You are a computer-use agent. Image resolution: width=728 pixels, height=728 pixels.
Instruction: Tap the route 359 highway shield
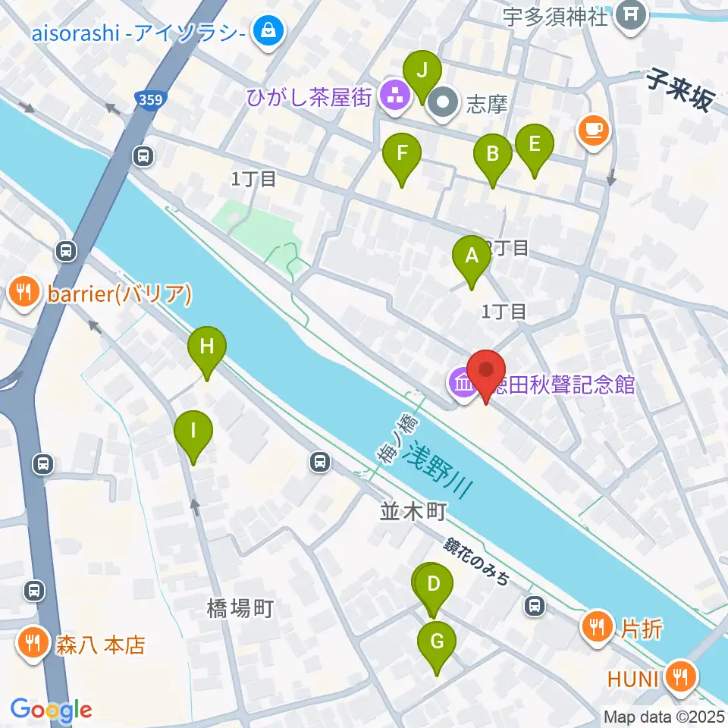pyautogui.click(x=150, y=98)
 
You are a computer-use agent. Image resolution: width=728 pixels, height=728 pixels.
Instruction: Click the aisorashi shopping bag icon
pyautogui.click(x=268, y=31)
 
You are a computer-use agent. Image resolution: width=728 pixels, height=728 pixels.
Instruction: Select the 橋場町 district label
pyautogui.click(x=239, y=607)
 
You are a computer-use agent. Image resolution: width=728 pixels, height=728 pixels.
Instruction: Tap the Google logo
pyautogui.click(x=52, y=710)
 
